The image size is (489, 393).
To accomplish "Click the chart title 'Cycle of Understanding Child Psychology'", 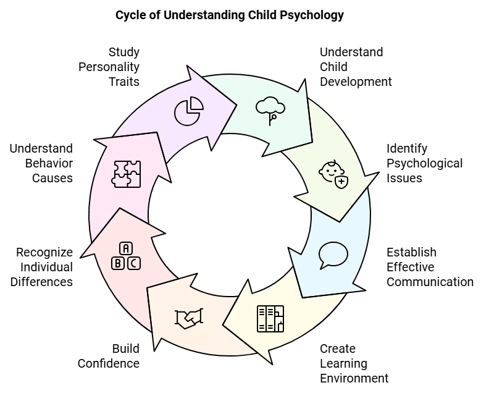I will pos(230,15).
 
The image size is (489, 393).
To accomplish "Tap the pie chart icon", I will pos(188,111).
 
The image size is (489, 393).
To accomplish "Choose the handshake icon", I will pos(188,318).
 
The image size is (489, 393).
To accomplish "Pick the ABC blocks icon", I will pos(126,256).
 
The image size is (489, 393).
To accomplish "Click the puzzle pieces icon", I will pos(126,174).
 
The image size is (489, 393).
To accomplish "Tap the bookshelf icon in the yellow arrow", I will pos(270,318).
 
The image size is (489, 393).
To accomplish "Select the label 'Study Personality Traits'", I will pos(109,67).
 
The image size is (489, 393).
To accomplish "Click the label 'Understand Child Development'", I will pos(356,67).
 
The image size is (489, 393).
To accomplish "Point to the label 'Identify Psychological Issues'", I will pos(424,163).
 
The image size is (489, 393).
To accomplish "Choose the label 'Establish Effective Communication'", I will pos(430,267).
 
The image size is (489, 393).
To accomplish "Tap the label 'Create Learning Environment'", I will pos(354,363).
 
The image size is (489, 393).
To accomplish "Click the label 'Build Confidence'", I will pos(109,356).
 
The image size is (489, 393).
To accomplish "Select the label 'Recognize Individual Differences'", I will pos(44,267).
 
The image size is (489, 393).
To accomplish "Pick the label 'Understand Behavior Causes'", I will pos(41,163).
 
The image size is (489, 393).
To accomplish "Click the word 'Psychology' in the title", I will pos(312,15).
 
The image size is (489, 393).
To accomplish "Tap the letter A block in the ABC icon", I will pos(126,248).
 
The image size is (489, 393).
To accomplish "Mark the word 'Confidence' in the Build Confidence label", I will pos(109,363).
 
